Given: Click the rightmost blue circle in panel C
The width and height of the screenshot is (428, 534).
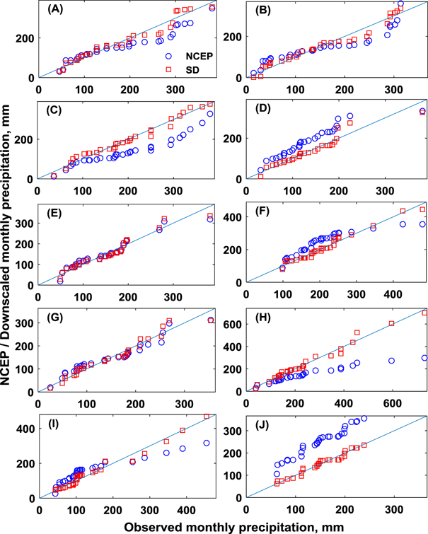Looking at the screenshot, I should (x=209, y=113).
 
